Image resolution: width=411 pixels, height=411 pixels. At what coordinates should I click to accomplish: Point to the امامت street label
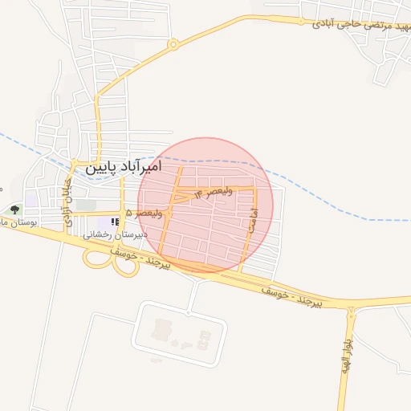point(253,222)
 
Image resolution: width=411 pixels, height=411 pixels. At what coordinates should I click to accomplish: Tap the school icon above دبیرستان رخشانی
point(113,222)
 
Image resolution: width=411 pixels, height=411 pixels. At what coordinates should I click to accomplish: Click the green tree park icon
point(14,210)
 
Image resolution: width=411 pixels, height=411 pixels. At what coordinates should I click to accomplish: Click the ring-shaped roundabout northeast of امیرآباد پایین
point(173,45)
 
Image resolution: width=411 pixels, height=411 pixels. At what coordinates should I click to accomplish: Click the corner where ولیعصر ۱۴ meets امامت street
point(254,188)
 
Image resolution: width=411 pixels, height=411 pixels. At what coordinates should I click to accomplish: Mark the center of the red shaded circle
point(205,205)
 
